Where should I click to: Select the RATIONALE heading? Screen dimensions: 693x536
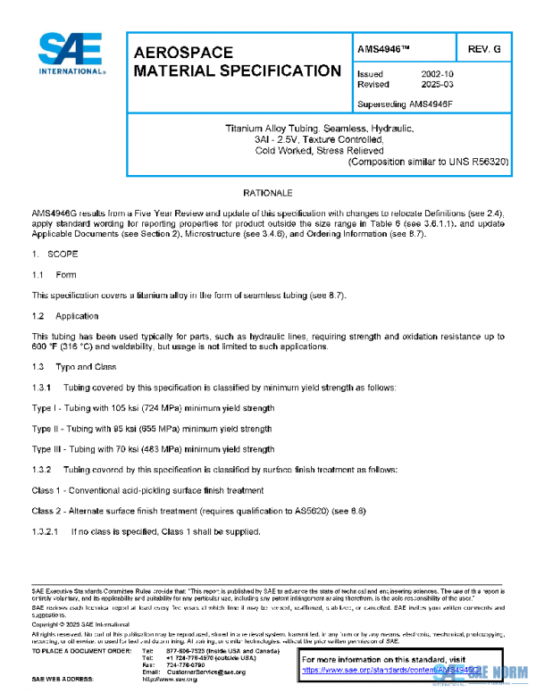pos(268,193)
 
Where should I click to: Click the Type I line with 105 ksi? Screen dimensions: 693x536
pos(153,407)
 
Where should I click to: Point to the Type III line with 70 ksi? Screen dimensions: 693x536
pos(153,450)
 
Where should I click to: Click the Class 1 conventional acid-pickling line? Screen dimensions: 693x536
pos(147,490)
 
